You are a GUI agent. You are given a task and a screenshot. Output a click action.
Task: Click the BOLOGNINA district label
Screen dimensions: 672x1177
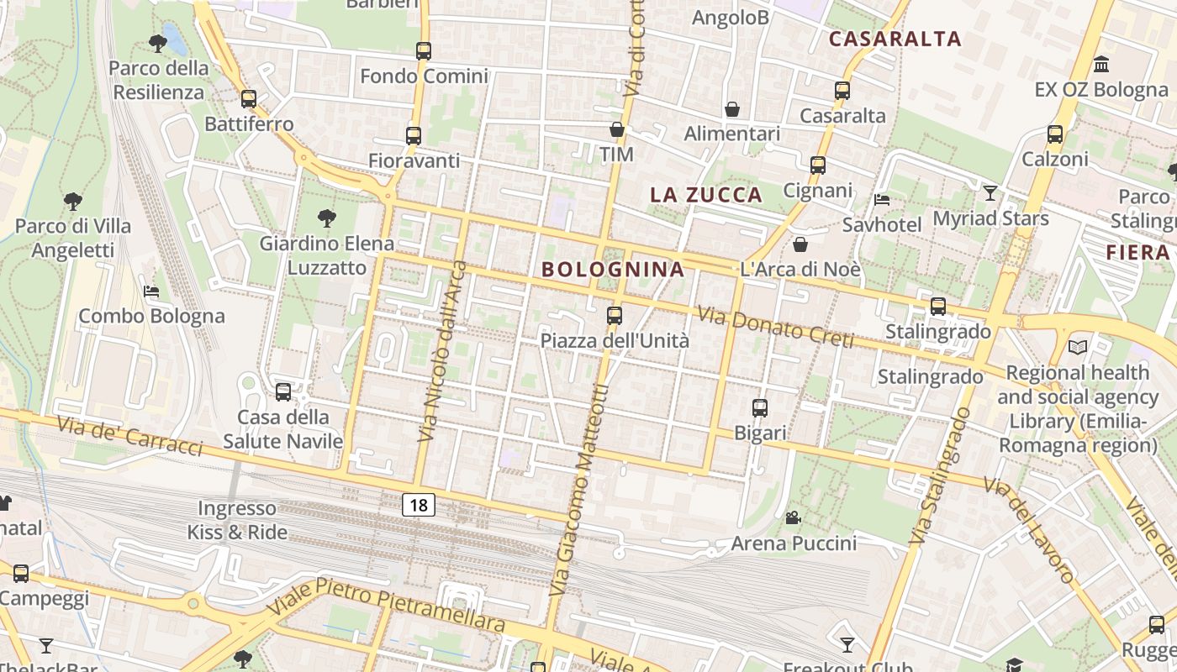click(x=613, y=270)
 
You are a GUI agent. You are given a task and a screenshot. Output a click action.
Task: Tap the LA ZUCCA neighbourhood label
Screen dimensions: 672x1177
click(x=706, y=195)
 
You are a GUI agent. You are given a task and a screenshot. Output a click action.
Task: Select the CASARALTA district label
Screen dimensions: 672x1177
click(x=895, y=39)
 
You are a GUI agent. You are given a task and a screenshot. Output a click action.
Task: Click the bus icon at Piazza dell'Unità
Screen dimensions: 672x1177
click(x=615, y=316)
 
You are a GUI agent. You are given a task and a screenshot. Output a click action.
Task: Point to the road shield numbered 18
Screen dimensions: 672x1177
click(x=419, y=505)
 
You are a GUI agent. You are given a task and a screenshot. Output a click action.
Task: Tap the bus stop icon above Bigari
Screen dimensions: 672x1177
click(x=760, y=408)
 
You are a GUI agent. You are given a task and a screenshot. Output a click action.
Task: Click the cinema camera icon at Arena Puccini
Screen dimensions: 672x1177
click(x=793, y=517)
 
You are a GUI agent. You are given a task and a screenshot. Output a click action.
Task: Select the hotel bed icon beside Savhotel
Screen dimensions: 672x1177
click(x=882, y=200)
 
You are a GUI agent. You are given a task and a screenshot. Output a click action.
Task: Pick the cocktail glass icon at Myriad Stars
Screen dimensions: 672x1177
click(x=990, y=193)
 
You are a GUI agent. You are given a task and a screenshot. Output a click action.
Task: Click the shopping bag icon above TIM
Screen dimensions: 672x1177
click(x=617, y=129)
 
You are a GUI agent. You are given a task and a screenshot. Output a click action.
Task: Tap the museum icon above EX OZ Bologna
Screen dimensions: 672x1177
click(x=1101, y=64)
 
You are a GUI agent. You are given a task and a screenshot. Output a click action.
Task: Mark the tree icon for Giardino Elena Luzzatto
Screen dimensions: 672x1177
click(x=327, y=218)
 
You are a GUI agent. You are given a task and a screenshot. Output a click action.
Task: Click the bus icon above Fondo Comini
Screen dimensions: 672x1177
click(x=424, y=50)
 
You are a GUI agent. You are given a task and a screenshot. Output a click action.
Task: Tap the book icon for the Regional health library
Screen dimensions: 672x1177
click(x=1078, y=347)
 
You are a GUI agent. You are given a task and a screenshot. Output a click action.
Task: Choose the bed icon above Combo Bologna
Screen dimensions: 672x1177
click(x=151, y=291)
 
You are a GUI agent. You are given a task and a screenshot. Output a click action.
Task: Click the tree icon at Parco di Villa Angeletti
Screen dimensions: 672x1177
click(x=73, y=202)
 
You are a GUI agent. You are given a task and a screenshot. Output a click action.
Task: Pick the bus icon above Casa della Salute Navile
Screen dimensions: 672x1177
click(x=283, y=391)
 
